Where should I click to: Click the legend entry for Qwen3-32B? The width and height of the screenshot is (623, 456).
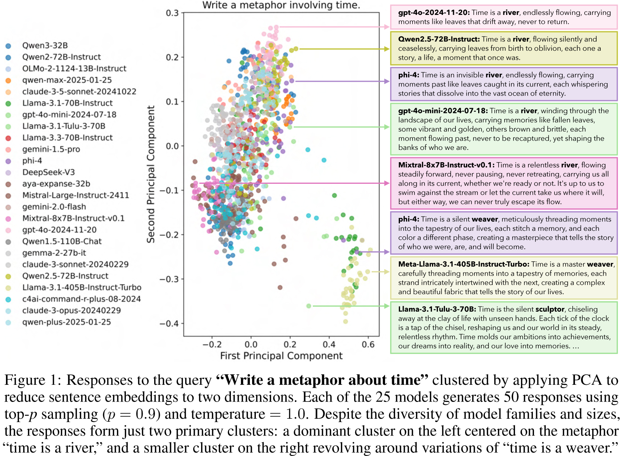pyautogui.click(x=45, y=45)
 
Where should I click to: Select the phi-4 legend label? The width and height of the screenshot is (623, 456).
pyautogui.click(x=32, y=161)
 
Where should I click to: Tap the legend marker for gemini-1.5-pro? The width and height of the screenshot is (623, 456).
pyautogui.click(x=8, y=150)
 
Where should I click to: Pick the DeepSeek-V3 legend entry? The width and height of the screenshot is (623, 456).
pyautogui.click(x=48, y=172)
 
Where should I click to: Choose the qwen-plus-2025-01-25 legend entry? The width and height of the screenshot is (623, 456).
pyautogui.click(x=66, y=322)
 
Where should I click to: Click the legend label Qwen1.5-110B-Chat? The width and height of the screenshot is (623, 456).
pyautogui.click(x=62, y=241)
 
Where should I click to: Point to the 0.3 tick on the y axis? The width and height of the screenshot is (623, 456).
pyautogui.click(x=172, y=13)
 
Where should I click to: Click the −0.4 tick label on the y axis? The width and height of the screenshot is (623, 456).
pyautogui.click(x=169, y=324)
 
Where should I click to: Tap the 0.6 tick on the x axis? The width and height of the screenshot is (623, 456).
pyautogui.click(x=368, y=344)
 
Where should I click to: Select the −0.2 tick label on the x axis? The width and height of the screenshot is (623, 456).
pyautogui.click(x=212, y=344)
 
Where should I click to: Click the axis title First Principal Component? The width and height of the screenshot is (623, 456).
pyautogui.click(x=281, y=356)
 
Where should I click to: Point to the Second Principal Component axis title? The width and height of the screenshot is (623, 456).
pyautogui.click(x=151, y=174)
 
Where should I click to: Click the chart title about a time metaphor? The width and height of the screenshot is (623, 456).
pyautogui.click(x=281, y=5)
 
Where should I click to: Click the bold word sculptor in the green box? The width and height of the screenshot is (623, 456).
pyautogui.click(x=550, y=309)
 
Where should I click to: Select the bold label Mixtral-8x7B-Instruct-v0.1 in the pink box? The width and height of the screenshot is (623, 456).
pyautogui.click(x=446, y=165)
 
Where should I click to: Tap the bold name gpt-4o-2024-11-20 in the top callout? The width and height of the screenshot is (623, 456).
pyautogui.click(x=433, y=12)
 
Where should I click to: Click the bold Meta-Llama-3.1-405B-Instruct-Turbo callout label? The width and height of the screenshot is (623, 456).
pyautogui.click(x=463, y=264)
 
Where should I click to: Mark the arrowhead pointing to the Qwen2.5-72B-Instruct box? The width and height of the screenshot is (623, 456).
pyautogui.click(x=387, y=49)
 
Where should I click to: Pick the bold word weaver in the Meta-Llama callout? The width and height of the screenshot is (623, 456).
pyautogui.click(x=600, y=264)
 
